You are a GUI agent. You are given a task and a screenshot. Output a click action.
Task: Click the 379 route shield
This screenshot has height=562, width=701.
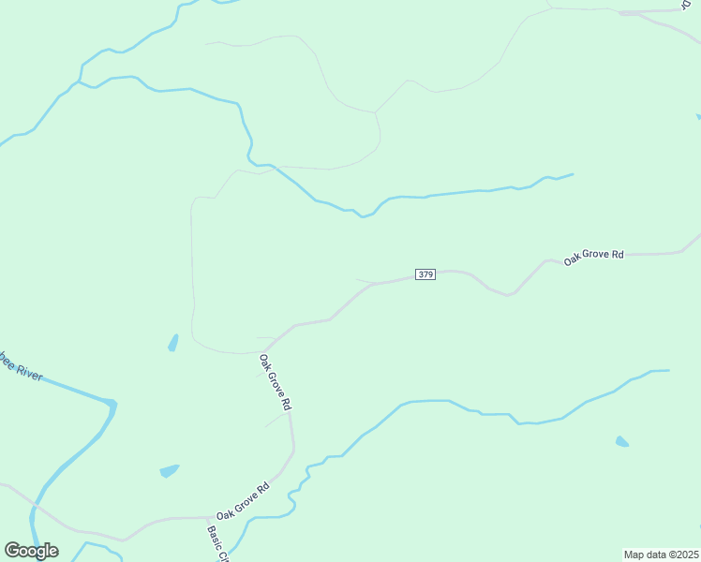tap(425, 274)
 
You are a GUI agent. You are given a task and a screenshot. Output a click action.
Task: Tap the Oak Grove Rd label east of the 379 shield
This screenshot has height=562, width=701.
tap(593, 255)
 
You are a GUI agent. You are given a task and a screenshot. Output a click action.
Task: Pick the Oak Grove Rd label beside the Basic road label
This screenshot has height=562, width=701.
tap(243, 502)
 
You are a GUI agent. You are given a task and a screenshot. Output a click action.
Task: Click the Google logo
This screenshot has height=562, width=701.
tap(31, 551)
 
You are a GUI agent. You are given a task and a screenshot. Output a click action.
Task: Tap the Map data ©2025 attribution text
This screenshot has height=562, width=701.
tap(661, 555)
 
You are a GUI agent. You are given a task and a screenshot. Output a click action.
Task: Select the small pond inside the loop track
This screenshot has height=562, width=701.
tap(173, 343)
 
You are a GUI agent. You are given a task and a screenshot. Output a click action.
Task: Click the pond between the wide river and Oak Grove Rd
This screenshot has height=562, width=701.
tap(170, 470)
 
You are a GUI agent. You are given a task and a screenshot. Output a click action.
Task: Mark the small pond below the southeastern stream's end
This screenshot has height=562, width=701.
tap(622, 441)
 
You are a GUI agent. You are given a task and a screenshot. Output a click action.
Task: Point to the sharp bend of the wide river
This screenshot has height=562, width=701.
tap(112, 404)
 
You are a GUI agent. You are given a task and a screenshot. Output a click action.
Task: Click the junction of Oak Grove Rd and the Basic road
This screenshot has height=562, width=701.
tap(208, 517)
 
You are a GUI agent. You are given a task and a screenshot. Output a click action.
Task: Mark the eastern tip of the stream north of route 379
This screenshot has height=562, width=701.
tap(573, 173)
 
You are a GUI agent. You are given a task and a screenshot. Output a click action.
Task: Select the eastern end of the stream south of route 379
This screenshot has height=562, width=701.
tap(669, 370)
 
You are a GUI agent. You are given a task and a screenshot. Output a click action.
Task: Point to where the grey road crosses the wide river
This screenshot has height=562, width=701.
tap(35, 506)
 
